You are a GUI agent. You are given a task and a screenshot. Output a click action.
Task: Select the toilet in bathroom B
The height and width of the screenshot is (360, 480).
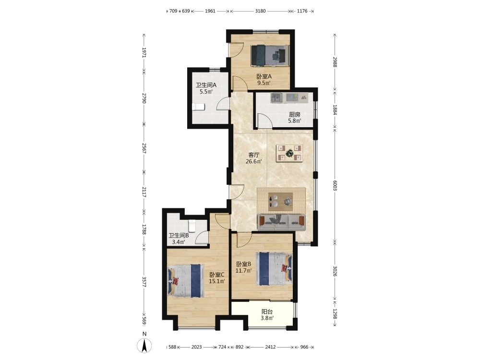[x=192, y=226]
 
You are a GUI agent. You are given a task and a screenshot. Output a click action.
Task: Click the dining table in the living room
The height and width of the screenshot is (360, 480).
[x=289, y=153]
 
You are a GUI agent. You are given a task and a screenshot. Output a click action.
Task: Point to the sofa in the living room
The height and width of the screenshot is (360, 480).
[x=282, y=222]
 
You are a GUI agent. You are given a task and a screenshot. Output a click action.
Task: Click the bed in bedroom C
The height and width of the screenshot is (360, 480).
[x=186, y=281]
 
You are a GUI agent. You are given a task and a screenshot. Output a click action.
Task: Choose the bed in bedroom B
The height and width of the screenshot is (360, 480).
[x=274, y=269]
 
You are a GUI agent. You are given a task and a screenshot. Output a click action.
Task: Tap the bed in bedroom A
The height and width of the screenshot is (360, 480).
[x=270, y=55]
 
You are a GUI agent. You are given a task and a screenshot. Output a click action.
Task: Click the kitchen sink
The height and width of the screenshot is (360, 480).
[x=277, y=98]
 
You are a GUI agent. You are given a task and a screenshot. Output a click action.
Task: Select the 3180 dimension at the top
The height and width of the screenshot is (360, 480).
[x=260, y=11]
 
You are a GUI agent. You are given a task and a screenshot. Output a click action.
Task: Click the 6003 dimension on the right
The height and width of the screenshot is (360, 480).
[x=335, y=185]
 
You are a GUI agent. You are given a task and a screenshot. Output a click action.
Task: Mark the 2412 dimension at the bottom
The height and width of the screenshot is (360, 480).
[x=270, y=347]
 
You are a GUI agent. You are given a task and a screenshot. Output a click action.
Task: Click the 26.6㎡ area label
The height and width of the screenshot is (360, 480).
[x=254, y=161]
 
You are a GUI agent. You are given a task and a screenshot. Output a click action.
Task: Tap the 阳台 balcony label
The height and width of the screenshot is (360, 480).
[x=267, y=312]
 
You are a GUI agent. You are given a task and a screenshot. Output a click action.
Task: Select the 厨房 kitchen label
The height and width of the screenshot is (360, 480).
[x=295, y=115]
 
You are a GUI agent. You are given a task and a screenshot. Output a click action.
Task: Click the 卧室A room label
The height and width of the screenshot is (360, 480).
[x=264, y=76]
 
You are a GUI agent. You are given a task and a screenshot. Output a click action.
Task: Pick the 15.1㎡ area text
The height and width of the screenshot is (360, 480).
[x=217, y=281]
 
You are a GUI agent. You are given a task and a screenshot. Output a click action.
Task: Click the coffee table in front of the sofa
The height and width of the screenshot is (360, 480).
[x=281, y=202]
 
